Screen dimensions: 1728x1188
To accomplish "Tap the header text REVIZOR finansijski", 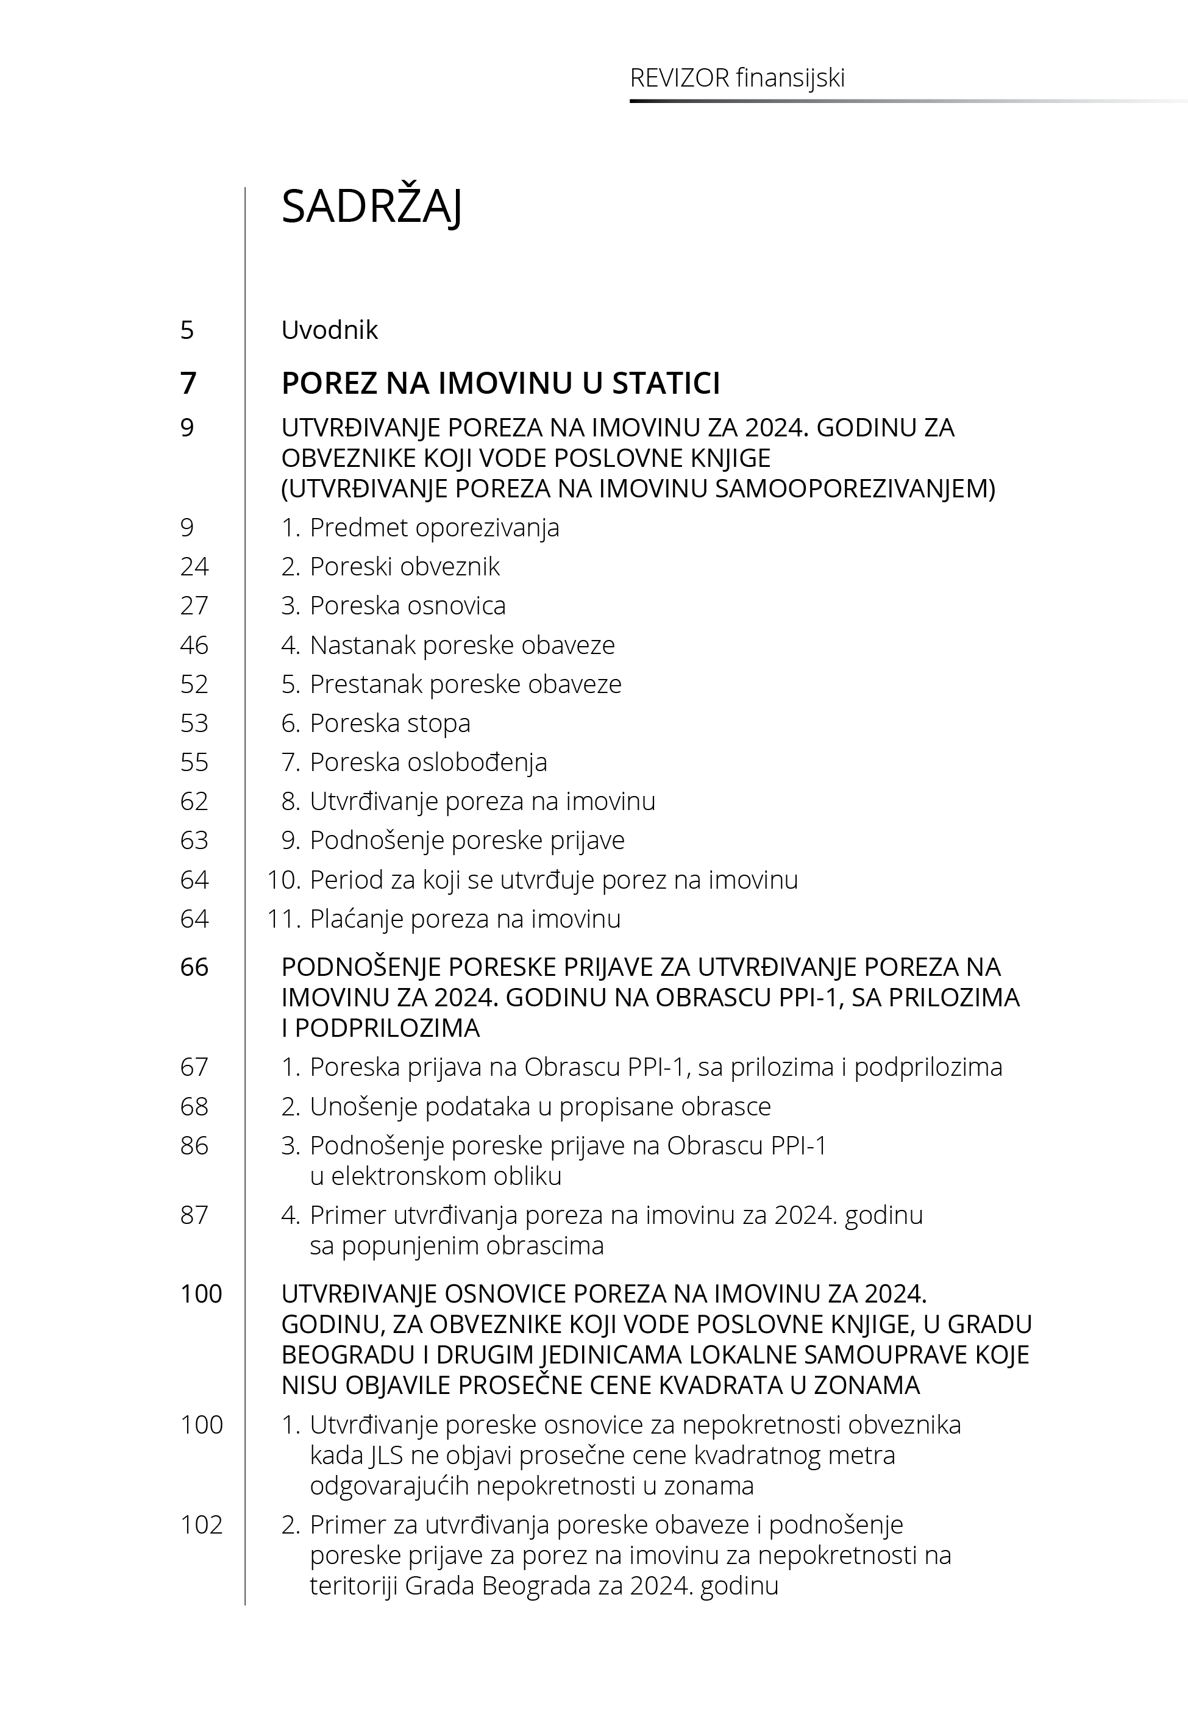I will pyautogui.click(x=737, y=78).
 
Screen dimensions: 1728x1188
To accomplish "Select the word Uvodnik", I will pyautogui.click(x=329, y=330).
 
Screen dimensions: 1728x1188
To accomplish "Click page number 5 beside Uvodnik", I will pyautogui.click(x=187, y=330).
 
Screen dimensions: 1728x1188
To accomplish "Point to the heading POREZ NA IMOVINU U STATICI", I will pyautogui.click(x=500, y=383).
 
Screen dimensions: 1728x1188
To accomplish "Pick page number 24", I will pyautogui.click(x=194, y=567).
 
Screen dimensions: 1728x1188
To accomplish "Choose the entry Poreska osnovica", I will pyautogui.click(x=407, y=606).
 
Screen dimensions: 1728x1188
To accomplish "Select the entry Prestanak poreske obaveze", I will pyautogui.click(x=465, y=684).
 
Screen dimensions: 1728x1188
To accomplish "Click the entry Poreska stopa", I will pyautogui.click(x=389, y=724).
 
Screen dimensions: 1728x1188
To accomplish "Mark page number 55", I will pyautogui.click(x=194, y=762).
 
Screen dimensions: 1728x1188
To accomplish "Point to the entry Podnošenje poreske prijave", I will pyautogui.click(x=467, y=840).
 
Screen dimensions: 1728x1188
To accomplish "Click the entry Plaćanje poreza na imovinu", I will pyautogui.click(x=464, y=919).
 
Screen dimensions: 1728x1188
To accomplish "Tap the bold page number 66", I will pyautogui.click(x=194, y=967).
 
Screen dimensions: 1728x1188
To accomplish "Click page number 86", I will pyautogui.click(x=194, y=1145).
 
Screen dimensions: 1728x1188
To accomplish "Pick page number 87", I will pyautogui.click(x=194, y=1215).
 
